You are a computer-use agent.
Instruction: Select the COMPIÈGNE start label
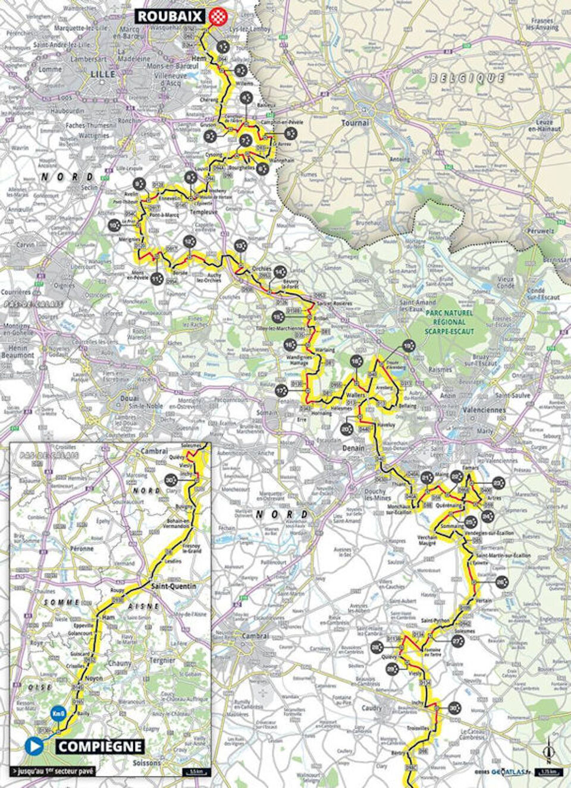[100, 746]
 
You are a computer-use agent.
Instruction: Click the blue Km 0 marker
[58, 713]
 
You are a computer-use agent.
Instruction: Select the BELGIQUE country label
[467, 78]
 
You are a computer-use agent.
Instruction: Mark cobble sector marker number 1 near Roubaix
[223, 45]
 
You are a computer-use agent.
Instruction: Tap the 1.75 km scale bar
[549, 772]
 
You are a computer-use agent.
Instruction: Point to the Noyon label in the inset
[94, 678]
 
